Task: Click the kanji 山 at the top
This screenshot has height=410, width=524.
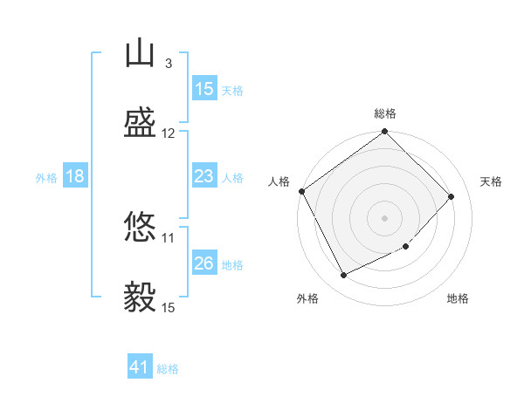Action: pos(140,52)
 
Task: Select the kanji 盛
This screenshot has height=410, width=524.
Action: pos(140,122)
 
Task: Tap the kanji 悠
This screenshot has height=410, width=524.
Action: pos(140,226)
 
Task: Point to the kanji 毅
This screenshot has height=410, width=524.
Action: pos(140,297)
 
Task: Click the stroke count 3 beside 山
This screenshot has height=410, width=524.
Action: pos(169,64)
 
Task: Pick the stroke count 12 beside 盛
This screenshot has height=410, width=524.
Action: pos(168,133)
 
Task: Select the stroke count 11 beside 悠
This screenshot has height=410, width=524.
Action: pos(168,238)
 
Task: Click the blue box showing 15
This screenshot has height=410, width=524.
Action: pos(205,88)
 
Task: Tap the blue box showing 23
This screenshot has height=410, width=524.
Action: pos(205,175)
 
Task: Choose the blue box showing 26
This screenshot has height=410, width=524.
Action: pos(205,262)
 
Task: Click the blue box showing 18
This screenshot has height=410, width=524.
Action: pos(75,175)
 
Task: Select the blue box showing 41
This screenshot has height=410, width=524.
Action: pos(140,366)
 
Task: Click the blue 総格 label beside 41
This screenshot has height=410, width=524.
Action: pos(168,369)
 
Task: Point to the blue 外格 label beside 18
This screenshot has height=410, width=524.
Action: pos(46,178)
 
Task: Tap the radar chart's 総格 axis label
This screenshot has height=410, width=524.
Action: pos(385,113)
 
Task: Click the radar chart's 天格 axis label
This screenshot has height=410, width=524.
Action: pos(491,181)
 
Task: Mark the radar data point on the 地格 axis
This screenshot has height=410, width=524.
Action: pos(406,246)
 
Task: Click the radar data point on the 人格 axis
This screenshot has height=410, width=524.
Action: pos(302,191)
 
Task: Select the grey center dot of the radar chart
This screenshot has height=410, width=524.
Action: pos(384,218)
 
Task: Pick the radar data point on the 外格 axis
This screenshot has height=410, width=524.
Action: pos(343,275)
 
